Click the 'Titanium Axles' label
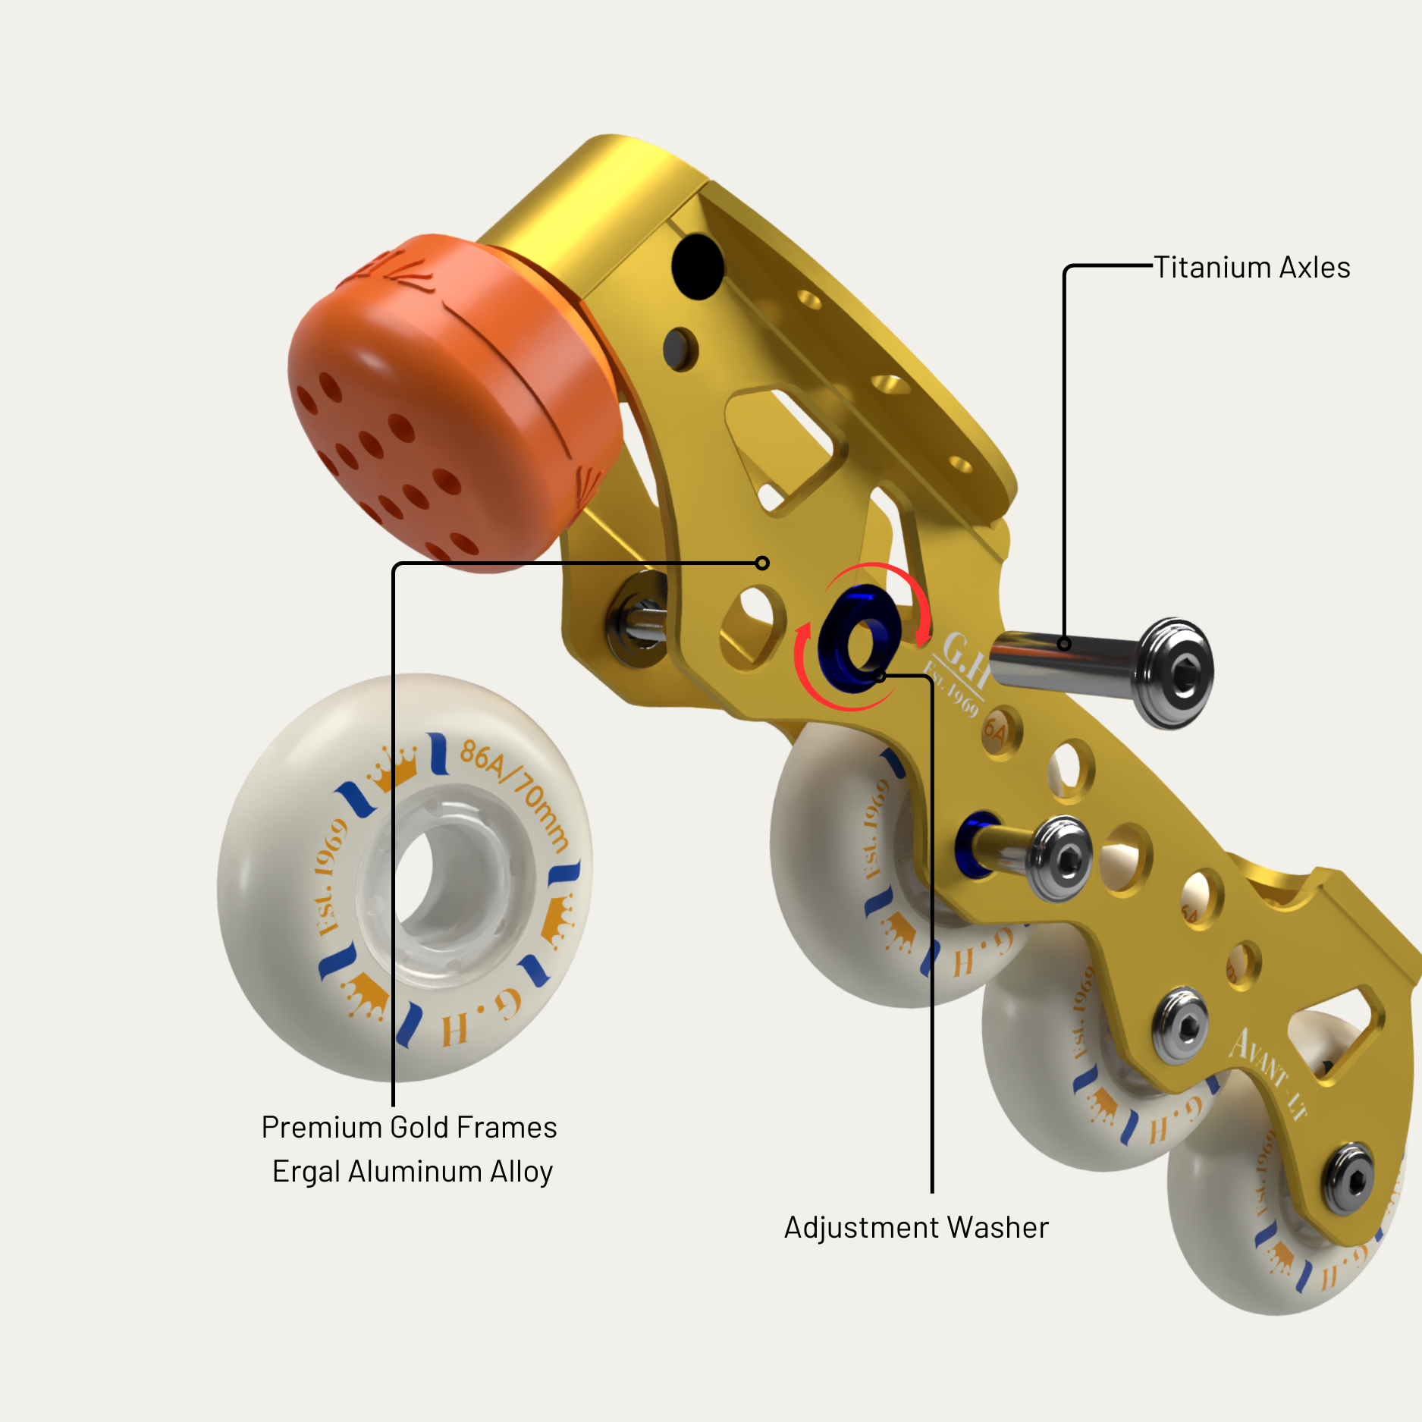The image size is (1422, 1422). click(1251, 268)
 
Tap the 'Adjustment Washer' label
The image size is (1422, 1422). click(916, 1227)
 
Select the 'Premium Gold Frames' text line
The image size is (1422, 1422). click(409, 1127)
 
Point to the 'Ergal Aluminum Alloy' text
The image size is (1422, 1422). click(413, 1171)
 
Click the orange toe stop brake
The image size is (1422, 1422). click(447, 402)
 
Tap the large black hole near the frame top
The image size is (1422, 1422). click(698, 267)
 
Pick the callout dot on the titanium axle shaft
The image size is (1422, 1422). click(1064, 644)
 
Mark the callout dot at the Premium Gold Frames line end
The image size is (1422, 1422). click(762, 563)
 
